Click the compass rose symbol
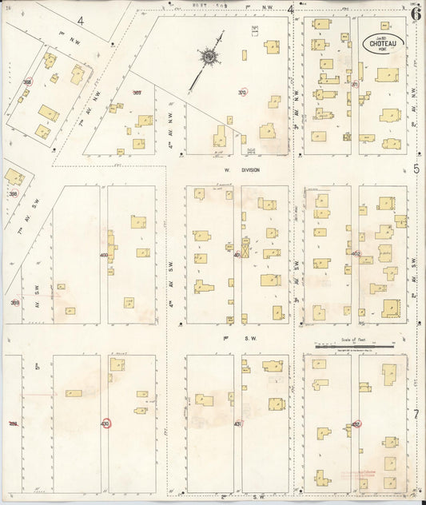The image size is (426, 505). click(x=209, y=57)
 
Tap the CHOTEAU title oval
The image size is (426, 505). click(x=384, y=43)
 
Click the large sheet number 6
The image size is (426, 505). click(x=416, y=12)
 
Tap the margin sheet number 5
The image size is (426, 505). click(x=416, y=169)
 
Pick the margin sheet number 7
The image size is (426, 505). click(x=416, y=414)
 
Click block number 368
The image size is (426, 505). click(x=27, y=82)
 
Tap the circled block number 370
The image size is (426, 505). click(x=242, y=93)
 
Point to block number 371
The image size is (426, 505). click(x=354, y=83)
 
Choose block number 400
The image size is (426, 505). click(x=104, y=255)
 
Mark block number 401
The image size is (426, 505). click(x=238, y=255)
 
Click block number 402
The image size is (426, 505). click(x=356, y=254)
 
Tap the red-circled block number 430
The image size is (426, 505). click(x=106, y=423)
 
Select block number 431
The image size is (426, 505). click(x=237, y=423)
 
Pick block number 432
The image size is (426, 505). click(x=356, y=424)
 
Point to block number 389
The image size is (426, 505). click(x=14, y=302)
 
